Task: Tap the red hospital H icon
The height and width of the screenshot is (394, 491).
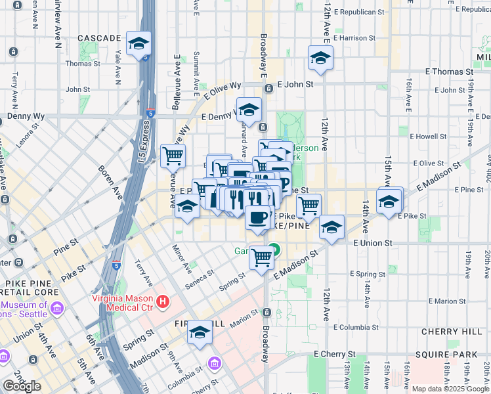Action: (x=164, y=303)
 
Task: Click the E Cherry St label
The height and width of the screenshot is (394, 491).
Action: (x=335, y=354)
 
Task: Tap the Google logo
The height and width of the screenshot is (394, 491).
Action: (x=22, y=386)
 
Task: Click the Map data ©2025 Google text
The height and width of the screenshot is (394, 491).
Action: (x=450, y=389)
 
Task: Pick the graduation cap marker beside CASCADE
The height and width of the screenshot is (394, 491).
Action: (x=139, y=45)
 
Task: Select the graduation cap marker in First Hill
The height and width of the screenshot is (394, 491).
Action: (x=200, y=334)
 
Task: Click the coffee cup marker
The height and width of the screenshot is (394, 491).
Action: (x=258, y=217)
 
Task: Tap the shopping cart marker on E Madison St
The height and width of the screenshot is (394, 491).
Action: (x=261, y=257)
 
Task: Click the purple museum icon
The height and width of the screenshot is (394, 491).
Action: (x=56, y=307)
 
